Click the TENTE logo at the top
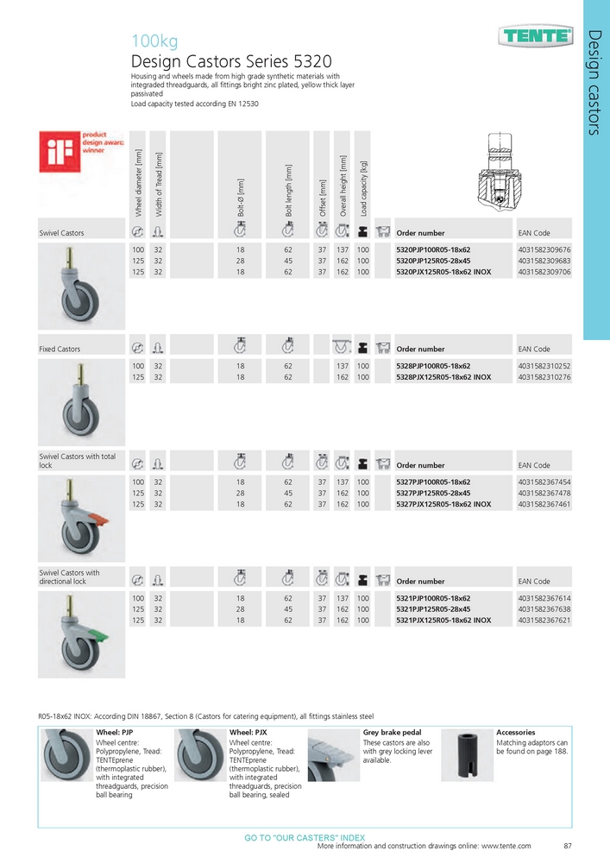click(536, 35)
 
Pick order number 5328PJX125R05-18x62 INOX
click(443, 377)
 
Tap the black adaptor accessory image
click(467, 757)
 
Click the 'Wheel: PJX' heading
click(248, 733)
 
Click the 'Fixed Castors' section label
click(60, 350)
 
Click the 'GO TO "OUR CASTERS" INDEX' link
click(305, 837)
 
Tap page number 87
click(568, 847)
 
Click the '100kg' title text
click(154, 41)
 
